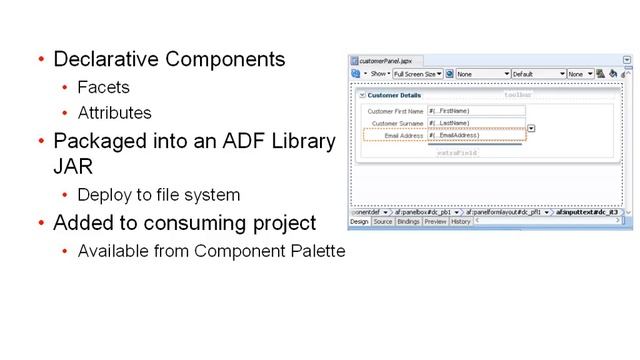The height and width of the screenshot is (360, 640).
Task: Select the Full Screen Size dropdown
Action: click(x=416, y=74)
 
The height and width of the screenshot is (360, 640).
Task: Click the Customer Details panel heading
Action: click(x=395, y=95)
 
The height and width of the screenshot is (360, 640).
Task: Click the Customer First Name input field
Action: click(x=476, y=111)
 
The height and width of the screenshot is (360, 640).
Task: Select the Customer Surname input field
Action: click(x=476, y=123)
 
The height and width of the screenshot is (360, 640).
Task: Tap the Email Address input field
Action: click(x=476, y=135)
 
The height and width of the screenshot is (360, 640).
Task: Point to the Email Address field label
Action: click(x=404, y=135)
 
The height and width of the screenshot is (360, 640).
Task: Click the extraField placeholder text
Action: click(x=457, y=153)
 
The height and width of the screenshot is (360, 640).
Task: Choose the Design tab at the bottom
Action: click(x=359, y=222)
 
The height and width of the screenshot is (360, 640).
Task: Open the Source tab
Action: click(x=383, y=222)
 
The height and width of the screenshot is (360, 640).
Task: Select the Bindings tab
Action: click(x=408, y=222)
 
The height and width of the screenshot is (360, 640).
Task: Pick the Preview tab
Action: click(x=435, y=222)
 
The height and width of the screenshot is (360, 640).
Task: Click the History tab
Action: click(x=460, y=222)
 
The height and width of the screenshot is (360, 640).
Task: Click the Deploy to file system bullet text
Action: click(x=159, y=194)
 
